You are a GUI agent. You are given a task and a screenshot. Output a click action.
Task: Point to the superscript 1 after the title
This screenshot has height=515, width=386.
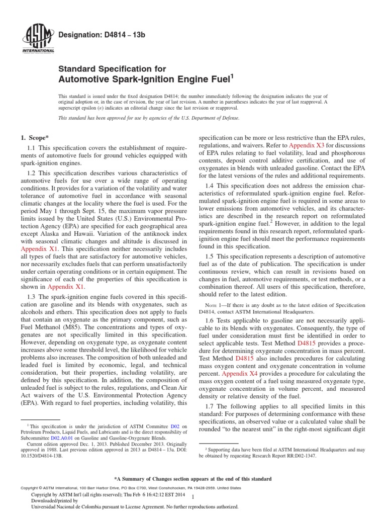pyautogui.click(x=232, y=76)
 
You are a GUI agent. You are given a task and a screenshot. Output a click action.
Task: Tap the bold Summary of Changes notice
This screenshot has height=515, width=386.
pyautogui.click(x=193, y=478)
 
